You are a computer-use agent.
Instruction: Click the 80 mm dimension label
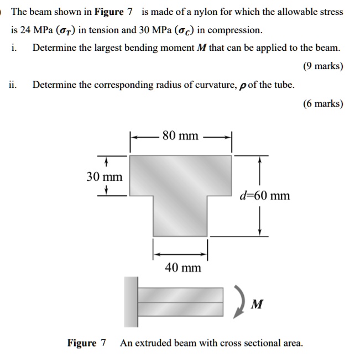click(180, 136)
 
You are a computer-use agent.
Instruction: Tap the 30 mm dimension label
click(105, 177)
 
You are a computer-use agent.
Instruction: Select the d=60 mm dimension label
click(265, 196)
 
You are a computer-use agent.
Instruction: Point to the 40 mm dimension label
click(183, 268)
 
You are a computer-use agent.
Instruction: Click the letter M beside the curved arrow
click(257, 305)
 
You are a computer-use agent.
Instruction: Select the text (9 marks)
click(323, 66)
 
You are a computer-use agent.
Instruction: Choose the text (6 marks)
click(323, 103)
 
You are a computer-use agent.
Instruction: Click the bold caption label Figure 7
click(87, 343)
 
